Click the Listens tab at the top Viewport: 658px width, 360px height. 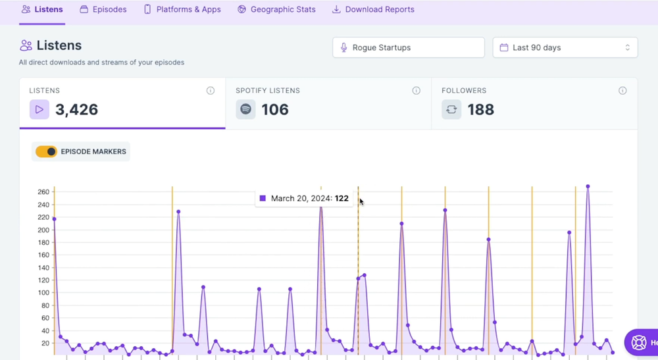(43, 10)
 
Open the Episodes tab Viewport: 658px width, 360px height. (103, 10)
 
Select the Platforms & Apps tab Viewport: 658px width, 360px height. (182, 10)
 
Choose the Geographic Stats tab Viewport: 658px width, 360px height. (276, 10)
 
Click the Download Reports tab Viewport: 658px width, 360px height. (373, 10)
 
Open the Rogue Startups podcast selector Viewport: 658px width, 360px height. (408, 47)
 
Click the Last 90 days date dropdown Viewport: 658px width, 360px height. (565, 47)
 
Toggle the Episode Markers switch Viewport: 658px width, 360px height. (47, 152)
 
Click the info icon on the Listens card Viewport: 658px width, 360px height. (211, 91)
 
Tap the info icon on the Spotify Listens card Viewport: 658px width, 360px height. (417, 91)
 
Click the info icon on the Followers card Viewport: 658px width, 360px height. (622, 91)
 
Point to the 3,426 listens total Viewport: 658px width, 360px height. (77, 110)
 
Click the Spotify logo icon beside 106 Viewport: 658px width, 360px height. (245, 110)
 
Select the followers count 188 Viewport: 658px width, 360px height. (480, 110)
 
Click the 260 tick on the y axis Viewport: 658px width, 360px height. (43, 192)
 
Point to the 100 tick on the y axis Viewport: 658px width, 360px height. (43, 293)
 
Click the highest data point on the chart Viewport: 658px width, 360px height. (588, 186)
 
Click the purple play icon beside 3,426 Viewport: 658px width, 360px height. (39, 110)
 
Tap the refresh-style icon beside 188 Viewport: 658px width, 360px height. (451, 110)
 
